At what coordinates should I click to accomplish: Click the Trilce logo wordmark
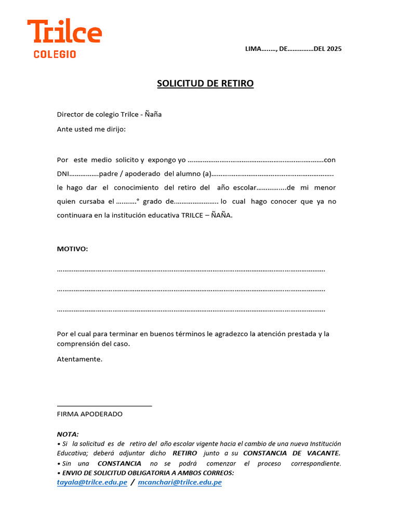pos(64,32)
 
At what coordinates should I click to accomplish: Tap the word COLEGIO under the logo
pos(55,54)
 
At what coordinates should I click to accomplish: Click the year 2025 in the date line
pos(335,49)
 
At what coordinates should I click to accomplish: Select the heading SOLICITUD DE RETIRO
pos(205,84)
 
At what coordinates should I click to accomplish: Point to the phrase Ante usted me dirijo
pos(91,129)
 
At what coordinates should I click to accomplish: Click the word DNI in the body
pos(62,174)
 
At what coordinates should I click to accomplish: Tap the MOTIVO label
pos(72,249)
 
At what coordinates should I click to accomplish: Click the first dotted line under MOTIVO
pos(191,270)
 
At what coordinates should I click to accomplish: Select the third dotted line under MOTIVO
pos(191,310)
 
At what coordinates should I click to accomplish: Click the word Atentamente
pos(79,359)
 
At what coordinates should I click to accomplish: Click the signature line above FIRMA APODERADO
pos(104,405)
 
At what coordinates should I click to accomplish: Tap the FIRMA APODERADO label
pos(89,414)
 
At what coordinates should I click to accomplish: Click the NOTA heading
pos(68,434)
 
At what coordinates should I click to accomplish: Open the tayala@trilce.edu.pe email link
pos(92,482)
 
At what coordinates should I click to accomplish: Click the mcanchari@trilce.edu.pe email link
pos(180,482)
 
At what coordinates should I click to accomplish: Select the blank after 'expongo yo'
pos(255,160)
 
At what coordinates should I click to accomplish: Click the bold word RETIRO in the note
pos(185,453)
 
